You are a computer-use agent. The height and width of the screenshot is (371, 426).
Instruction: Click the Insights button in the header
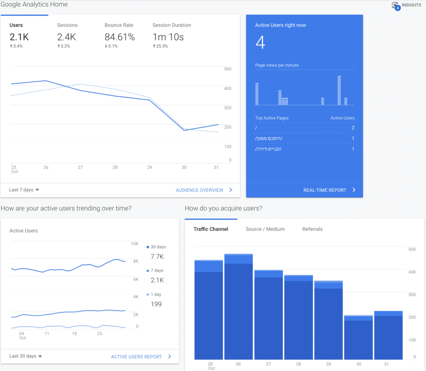click(x=406, y=5)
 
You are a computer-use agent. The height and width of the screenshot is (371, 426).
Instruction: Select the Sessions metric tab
click(x=67, y=25)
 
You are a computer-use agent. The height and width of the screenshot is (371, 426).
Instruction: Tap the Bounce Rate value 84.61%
click(x=119, y=37)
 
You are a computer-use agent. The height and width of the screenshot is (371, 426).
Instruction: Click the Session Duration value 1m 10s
click(x=168, y=37)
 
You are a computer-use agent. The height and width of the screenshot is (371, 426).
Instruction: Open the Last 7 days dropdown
click(x=24, y=190)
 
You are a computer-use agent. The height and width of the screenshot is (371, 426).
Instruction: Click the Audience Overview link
click(x=204, y=190)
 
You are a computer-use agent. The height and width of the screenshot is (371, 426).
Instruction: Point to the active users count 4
click(x=260, y=42)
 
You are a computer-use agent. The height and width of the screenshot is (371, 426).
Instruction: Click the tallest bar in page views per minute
click(x=339, y=91)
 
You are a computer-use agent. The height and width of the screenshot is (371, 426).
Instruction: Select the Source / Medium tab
click(x=265, y=229)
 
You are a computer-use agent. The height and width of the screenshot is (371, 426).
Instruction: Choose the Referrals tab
click(x=312, y=229)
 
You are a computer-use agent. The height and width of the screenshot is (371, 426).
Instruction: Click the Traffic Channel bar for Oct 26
click(x=238, y=306)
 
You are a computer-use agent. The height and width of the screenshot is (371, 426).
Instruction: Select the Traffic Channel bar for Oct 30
click(x=358, y=337)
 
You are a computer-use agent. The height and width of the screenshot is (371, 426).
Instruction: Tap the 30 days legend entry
click(x=156, y=247)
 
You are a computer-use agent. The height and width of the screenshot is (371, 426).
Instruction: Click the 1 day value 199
click(x=156, y=304)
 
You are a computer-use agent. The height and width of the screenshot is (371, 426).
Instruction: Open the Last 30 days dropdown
click(x=25, y=356)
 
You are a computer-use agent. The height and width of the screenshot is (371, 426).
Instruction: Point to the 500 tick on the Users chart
click(x=228, y=69)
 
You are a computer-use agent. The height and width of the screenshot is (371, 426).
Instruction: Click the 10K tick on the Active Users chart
click(x=135, y=244)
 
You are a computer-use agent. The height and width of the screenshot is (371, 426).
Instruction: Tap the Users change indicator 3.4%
click(x=16, y=46)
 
